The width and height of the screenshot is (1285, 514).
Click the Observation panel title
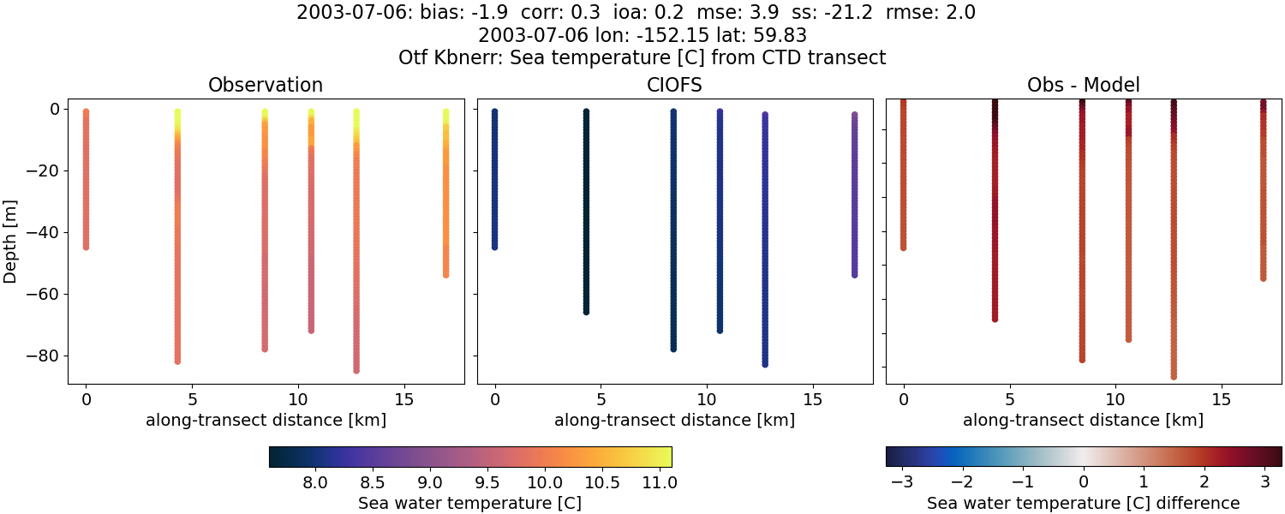(x=266, y=86)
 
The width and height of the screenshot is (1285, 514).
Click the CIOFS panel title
(x=674, y=86)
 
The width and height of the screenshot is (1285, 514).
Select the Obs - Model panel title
(x=1083, y=86)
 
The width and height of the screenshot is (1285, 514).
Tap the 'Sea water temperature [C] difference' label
(x=1083, y=504)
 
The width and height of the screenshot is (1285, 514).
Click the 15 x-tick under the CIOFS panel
(x=812, y=399)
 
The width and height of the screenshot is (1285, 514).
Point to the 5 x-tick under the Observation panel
(x=192, y=399)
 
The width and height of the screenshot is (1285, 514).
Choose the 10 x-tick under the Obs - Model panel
(x=1115, y=399)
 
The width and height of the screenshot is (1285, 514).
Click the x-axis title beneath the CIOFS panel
(x=674, y=421)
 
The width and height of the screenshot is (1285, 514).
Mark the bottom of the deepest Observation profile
(x=356, y=370)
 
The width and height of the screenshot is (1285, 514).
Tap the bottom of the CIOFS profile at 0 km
(x=494, y=247)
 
